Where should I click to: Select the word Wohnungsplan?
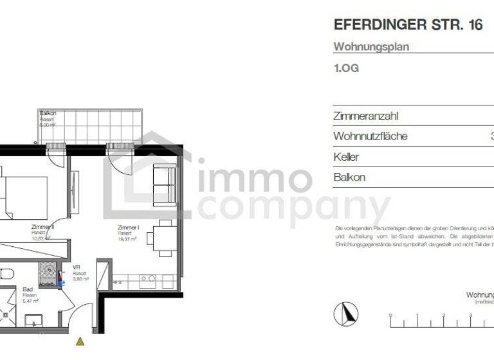click(371, 47)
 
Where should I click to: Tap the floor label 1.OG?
click(346, 68)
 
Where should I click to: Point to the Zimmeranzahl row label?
click(366, 116)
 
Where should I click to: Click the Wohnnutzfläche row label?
click(370, 136)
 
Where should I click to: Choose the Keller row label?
click(346, 157)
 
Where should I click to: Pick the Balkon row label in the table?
click(349, 177)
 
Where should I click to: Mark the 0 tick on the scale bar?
click(390, 315)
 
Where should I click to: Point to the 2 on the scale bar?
click(443, 315)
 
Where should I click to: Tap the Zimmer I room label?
click(129, 228)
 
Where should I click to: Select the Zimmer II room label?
click(42, 227)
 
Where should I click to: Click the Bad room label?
click(28, 290)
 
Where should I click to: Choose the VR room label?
click(76, 267)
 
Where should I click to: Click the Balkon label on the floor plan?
click(48, 114)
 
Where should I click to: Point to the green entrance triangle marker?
click(80, 341)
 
